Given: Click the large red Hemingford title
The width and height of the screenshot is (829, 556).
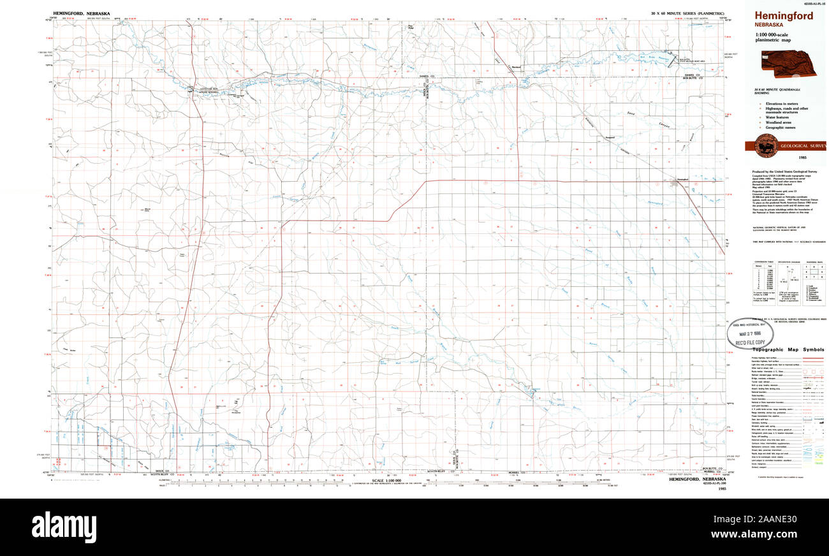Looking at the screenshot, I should click(x=784, y=16).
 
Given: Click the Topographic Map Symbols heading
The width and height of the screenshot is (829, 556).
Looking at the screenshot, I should click(x=788, y=349).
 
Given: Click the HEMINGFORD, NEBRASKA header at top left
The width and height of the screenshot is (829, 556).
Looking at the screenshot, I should click(x=82, y=13).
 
